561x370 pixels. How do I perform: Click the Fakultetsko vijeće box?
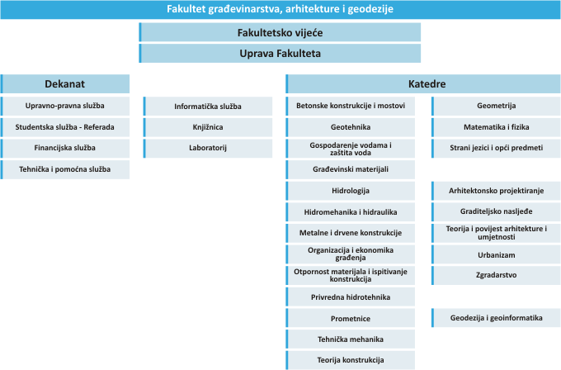[280, 32]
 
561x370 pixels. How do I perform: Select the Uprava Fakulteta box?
[280, 54]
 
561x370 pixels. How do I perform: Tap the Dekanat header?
[64, 83]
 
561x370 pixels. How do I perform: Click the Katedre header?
[423, 83]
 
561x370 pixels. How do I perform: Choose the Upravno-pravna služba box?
[64, 106]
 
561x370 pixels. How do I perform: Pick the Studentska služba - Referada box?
[64, 127]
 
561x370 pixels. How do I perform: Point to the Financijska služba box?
[64, 148]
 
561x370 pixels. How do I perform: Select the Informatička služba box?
[208, 107]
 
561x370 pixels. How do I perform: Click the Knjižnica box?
[208, 127]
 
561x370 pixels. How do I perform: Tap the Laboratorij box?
[208, 148]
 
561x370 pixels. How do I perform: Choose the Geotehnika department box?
[351, 127]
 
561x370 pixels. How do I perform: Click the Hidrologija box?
[351, 191]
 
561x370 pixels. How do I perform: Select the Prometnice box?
[351, 318]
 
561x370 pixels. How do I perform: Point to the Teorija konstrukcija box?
[351, 360]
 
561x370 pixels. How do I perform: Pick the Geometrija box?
[497, 106]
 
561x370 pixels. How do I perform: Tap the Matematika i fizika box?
[497, 127]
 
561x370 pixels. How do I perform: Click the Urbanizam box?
[497, 254]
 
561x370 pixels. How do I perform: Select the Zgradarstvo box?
[497, 275]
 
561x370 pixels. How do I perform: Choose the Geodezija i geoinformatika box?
[497, 318]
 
